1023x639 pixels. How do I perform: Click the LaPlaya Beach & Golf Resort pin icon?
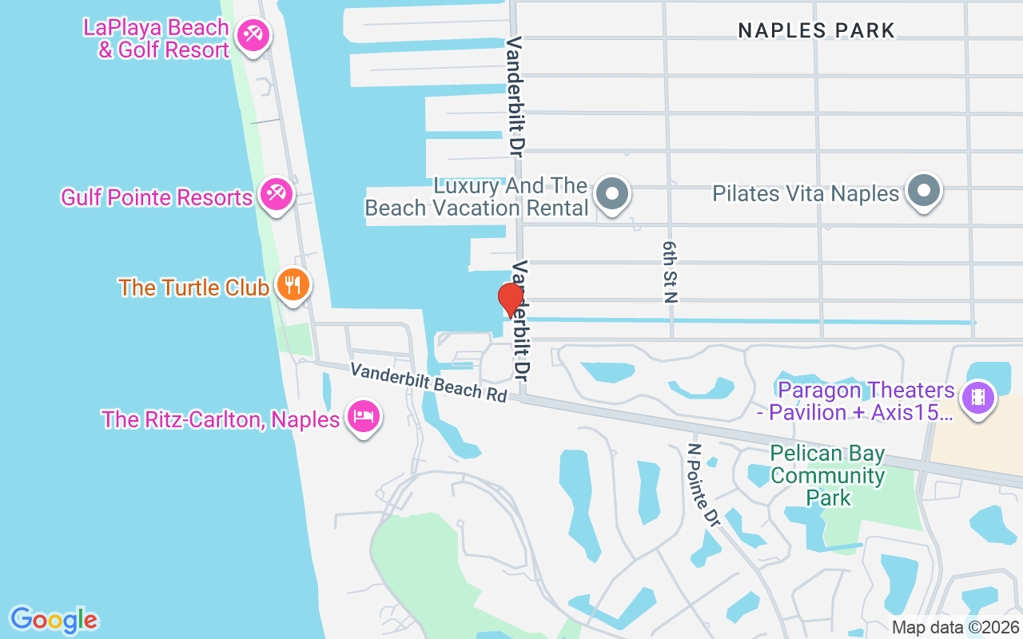click(x=253, y=34)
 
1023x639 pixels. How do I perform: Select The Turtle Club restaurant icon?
click(x=293, y=284)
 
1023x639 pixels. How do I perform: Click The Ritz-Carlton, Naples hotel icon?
click(x=364, y=416)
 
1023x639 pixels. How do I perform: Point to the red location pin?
click(x=510, y=300)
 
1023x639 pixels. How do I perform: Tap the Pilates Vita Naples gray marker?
click(x=925, y=191)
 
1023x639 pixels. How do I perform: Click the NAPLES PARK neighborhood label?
click(x=816, y=31)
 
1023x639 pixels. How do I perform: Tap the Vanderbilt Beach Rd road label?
click(x=429, y=382)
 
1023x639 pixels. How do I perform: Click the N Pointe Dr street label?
click(x=703, y=485)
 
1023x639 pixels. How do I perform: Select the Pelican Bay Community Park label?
click(x=827, y=476)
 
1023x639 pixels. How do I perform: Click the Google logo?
click(x=54, y=620)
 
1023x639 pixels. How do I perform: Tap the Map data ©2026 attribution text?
click(x=955, y=628)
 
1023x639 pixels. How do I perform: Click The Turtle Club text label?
click(x=193, y=288)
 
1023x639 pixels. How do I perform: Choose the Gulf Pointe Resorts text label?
click(x=157, y=196)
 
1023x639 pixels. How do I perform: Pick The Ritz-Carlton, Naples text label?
click(x=221, y=419)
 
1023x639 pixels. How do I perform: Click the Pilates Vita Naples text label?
click(x=806, y=193)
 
